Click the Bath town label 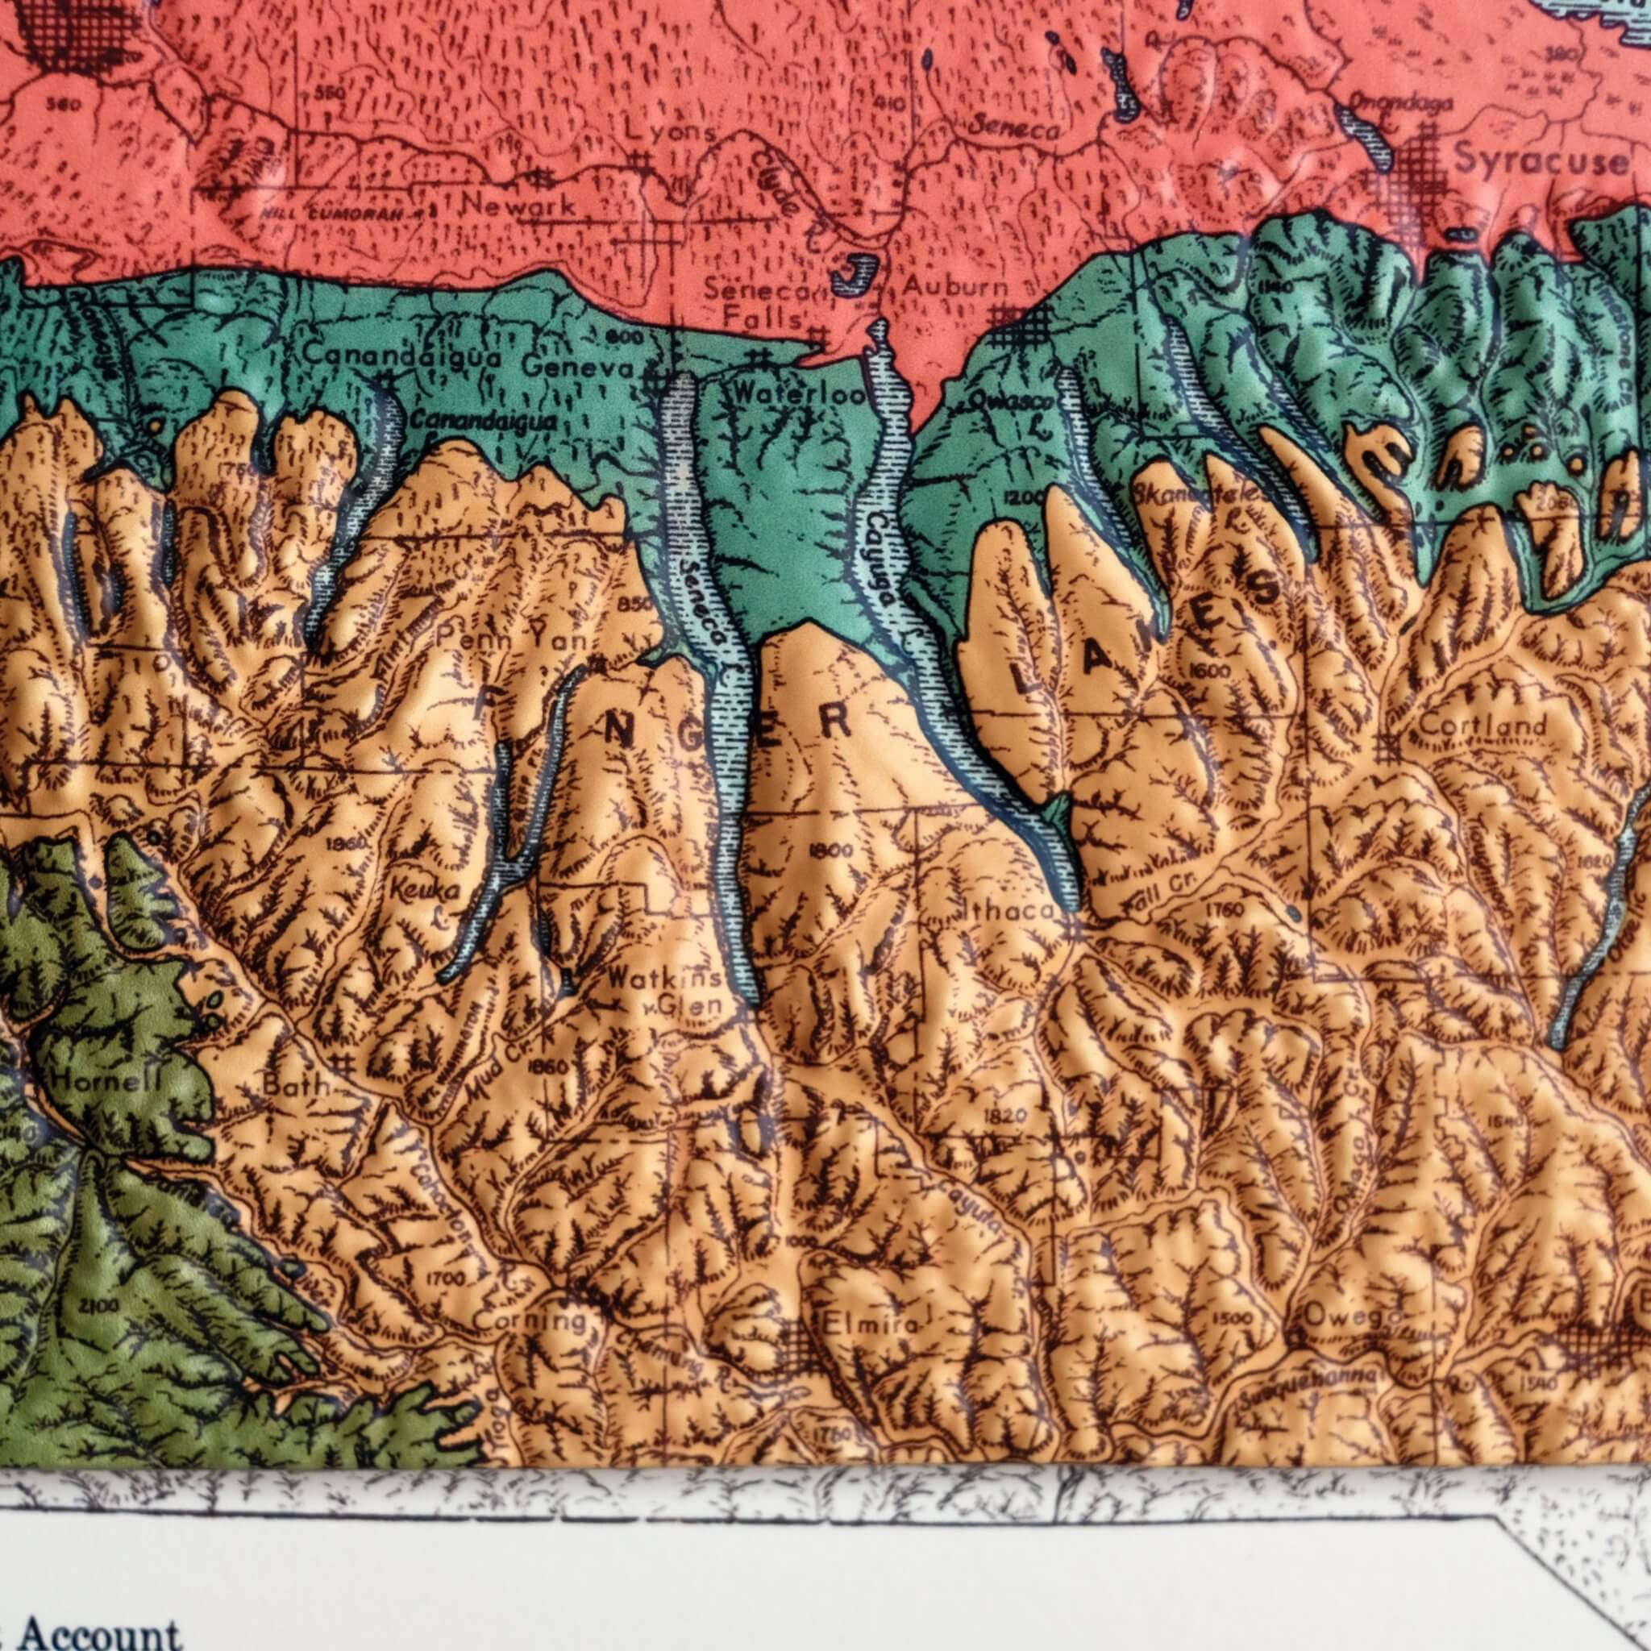[295, 1086]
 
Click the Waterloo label [798, 394]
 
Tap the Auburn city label [955, 286]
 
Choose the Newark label [518, 205]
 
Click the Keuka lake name [425, 892]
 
